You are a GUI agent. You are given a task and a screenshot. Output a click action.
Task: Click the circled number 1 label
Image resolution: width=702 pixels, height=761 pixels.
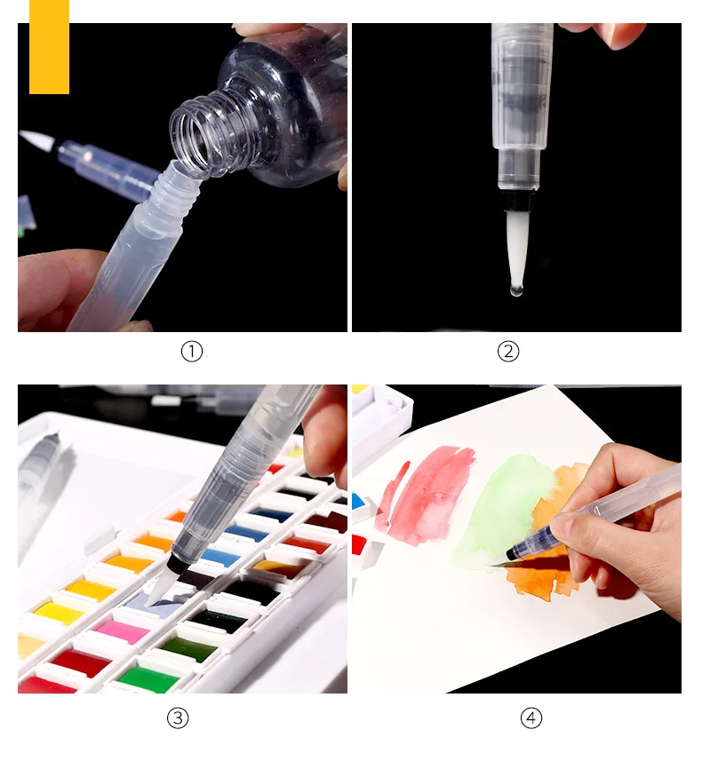192,352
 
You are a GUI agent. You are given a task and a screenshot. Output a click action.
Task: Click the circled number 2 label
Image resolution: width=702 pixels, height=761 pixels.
508,352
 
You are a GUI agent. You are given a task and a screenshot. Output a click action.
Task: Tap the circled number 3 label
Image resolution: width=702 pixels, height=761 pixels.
178,717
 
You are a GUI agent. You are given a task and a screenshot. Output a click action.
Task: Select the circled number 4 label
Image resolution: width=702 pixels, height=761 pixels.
530,717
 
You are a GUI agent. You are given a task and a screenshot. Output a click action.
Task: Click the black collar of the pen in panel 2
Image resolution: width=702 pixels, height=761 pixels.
517,203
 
